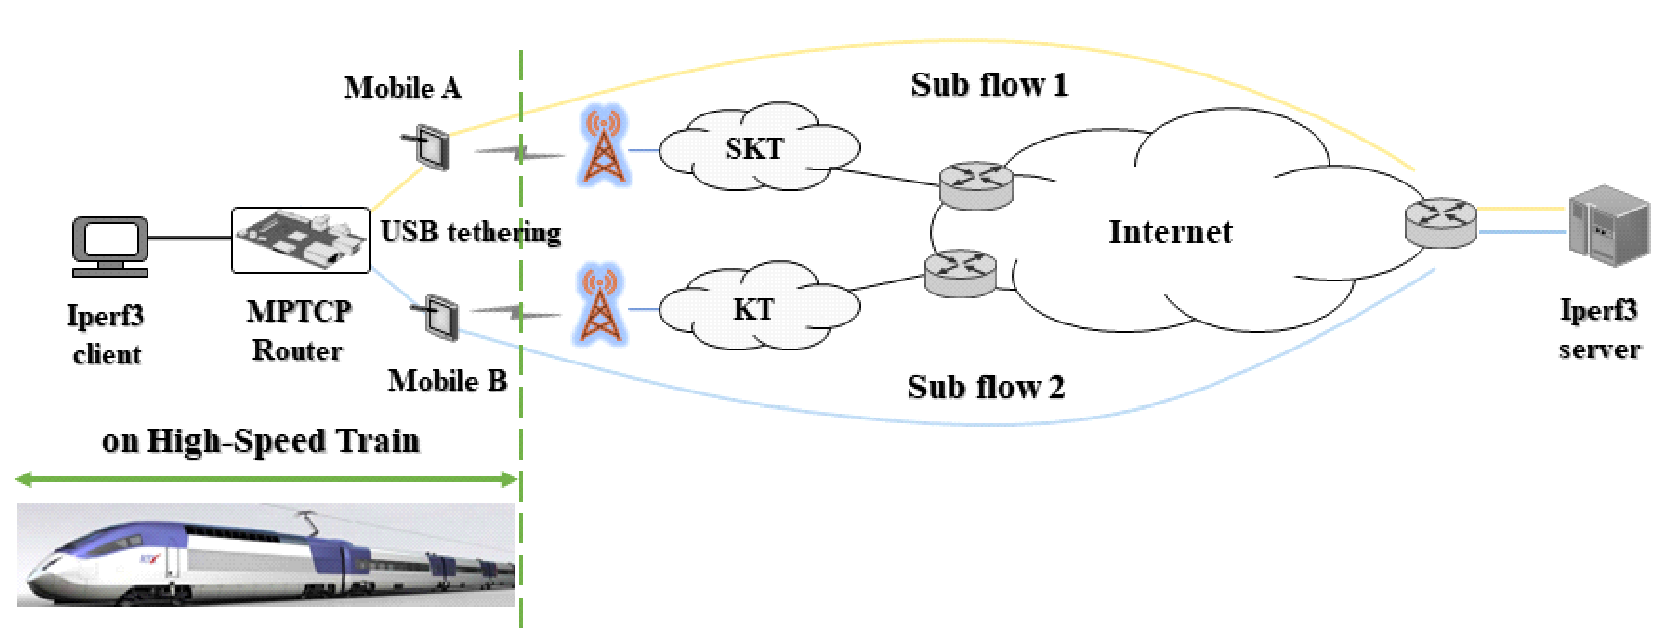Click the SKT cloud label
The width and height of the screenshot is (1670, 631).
tap(754, 149)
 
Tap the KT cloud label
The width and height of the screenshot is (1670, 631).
tap(754, 310)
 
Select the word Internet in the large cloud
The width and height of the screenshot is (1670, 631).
tap(1170, 232)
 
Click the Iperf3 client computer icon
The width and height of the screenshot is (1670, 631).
tap(110, 246)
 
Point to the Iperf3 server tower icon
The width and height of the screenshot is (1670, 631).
tap(1608, 226)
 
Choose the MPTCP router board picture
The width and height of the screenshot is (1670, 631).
tap(300, 240)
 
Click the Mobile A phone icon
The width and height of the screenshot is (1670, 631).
tap(431, 147)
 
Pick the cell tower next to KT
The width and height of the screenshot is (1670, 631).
tap(600, 306)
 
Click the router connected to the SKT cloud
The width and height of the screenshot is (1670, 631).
tap(976, 185)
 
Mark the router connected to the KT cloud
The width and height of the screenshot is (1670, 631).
tap(960, 272)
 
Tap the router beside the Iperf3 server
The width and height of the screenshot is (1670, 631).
tap(1441, 222)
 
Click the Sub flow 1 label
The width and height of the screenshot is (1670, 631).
tap(989, 86)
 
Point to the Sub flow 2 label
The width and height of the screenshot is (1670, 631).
tap(986, 387)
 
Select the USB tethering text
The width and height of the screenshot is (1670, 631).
tap(471, 232)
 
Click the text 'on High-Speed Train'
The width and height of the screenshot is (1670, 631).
tap(261, 441)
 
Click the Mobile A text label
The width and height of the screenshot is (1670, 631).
tap(403, 88)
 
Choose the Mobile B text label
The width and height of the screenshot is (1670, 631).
tap(447, 381)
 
